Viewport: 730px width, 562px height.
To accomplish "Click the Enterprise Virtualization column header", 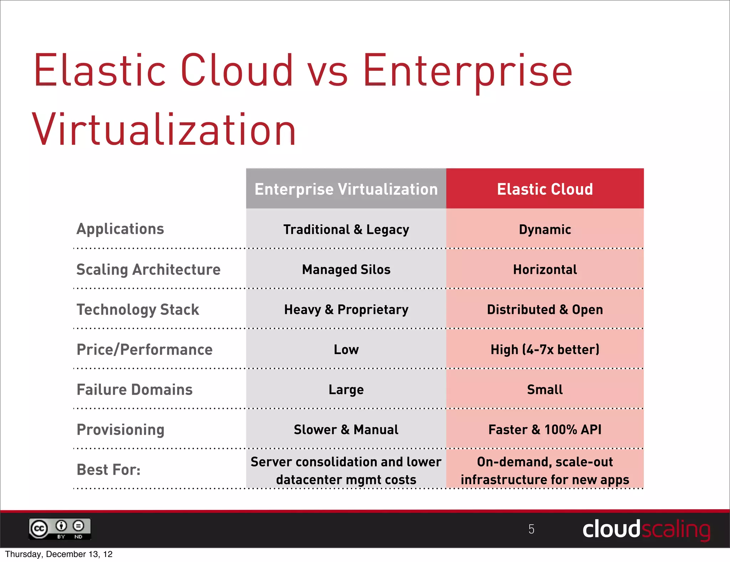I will click(x=346, y=189).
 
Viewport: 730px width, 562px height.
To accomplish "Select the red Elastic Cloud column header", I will click(x=545, y=189).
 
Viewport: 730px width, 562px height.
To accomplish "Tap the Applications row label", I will click(x=120, y=229).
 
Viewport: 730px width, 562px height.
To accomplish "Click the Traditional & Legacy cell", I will click(x=346, y=229).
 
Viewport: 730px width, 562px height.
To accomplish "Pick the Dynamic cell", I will click(x=545, y=229).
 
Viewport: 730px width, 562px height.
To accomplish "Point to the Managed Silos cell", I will click(x=346, y=270).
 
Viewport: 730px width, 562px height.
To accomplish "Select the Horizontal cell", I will click(x=545, y=270).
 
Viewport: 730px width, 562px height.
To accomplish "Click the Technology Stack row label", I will click(x=138, y=310).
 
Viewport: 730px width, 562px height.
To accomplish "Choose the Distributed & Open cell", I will click(x=545, y=310).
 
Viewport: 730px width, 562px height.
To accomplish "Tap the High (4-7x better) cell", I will click(x=545, y=349).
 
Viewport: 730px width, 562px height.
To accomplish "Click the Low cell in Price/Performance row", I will click(x=346, y=349).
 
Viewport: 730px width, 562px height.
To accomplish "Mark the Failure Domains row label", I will click(x=134, y=389).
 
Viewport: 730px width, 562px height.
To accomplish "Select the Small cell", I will click(x=545, y=389).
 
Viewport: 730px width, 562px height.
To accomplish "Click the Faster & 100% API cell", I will click(x=545, y=429).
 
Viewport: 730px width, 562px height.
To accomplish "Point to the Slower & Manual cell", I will click(x=346, y=429).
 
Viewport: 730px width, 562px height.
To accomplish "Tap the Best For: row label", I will click(x=108, y=470).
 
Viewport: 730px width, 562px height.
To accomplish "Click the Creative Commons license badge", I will click(x=60, y=529).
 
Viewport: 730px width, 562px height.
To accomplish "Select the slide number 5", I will click(x=531, y=529).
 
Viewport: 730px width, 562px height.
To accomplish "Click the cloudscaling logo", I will click(x=646, y=529).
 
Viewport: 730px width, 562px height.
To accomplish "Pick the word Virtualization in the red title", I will click(x=164, y=130).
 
